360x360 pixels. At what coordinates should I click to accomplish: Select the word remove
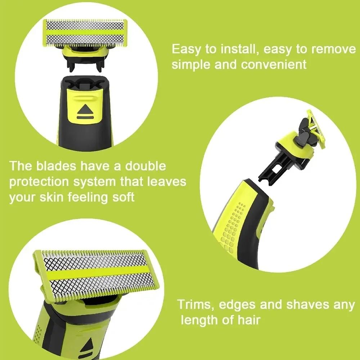click(x=333, y=49)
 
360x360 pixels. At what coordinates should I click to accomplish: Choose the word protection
click(x=39, y=182)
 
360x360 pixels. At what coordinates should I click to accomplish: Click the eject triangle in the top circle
click(x=85, y=110)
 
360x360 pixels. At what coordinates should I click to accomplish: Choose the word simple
click(x=190, y=65)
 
